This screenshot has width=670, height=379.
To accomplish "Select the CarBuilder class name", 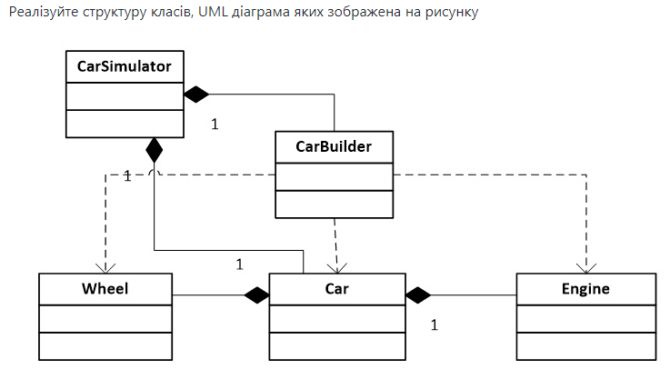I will pyautogui.click(x=334, y=145).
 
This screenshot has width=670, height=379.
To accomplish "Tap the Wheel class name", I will pyautogui.click(x=105, y=289).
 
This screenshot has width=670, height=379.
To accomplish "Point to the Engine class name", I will pyautogui.click(x=585, y=289).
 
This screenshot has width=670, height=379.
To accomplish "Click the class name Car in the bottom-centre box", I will pyautogui.click(x=337, y=289).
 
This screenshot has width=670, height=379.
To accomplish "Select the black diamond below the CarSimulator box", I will pyautogui.click(x=155, y=150).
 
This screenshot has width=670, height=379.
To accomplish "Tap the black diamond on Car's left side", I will pyautogui.click(x=256, y=294).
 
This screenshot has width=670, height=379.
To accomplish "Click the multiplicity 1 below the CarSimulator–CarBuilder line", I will pyautogui.click(x=215, y=124).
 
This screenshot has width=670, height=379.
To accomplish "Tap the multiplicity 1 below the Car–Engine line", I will pyautogui.click(x=434, y=324).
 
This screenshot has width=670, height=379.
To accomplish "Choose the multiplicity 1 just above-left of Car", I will pyautogui.click(x=240, y=264).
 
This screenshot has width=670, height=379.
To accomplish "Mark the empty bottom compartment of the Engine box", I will pyautogui.click(x=585, y=346).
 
